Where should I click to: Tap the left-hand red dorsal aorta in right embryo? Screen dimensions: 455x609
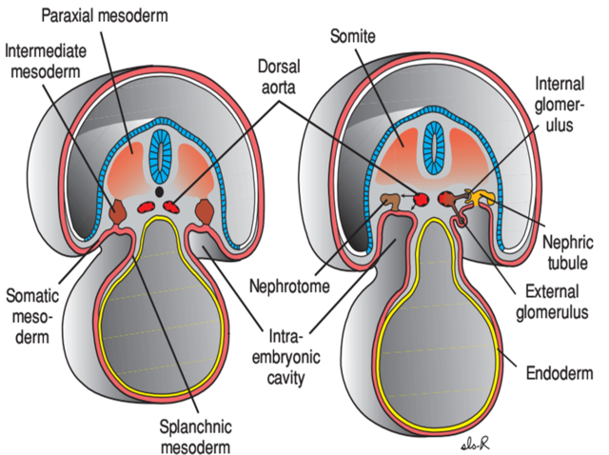pos(416,199)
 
